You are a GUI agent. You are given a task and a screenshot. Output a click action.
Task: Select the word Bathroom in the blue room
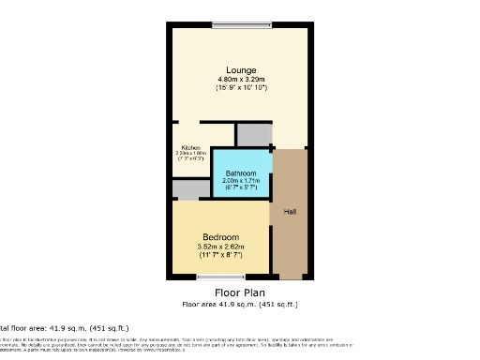241,172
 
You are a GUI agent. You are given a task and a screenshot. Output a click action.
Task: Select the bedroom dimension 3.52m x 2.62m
220,246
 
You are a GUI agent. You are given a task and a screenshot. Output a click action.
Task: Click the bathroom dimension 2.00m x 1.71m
241,181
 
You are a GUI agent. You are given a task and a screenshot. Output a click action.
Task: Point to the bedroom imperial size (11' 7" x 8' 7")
220,255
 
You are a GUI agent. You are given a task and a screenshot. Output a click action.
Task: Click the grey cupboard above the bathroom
252,135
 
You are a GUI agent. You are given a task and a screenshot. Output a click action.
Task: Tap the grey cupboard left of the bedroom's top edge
190,189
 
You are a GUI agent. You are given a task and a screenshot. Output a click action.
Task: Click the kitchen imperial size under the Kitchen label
191,158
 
